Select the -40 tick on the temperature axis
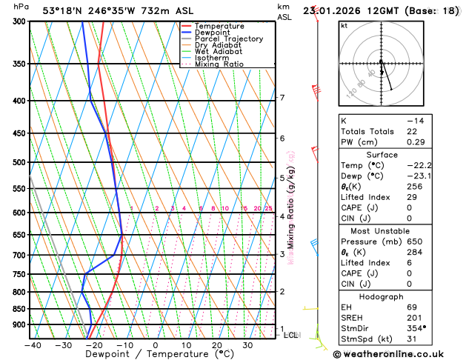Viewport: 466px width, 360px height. coord(33,345)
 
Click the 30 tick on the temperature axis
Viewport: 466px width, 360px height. coord(247,345)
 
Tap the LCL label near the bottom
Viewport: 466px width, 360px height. coord(292,335)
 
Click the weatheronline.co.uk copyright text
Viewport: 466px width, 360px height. coord(398,353)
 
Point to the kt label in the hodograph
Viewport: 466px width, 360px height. coord(344,25)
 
